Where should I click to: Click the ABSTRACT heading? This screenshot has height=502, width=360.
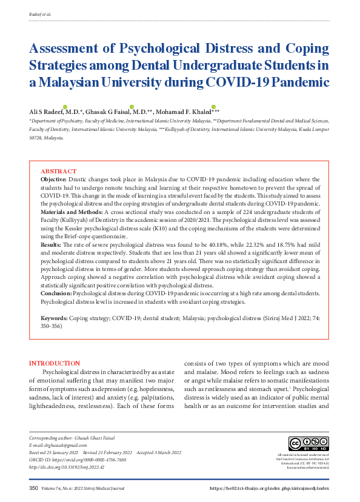[59, 172]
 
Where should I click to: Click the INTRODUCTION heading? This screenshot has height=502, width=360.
[55, 363]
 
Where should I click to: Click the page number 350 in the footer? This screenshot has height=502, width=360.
[34, 488]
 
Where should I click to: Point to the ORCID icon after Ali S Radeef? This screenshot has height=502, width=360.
[65, 107]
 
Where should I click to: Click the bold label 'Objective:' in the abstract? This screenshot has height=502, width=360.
[54, 180]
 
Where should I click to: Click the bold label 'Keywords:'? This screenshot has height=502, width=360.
[55, 318]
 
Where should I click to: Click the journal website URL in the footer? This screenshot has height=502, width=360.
[268, 488]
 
